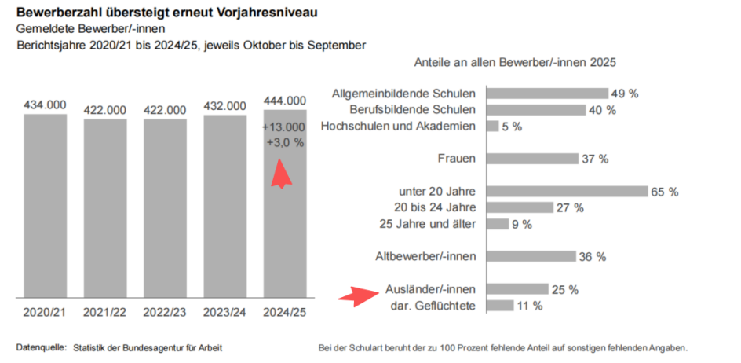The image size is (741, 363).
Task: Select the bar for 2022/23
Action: (x=165, y=208)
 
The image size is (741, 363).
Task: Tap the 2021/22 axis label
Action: (x=104, y=312)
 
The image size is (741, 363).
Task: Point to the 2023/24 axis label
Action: (x=224, y=312)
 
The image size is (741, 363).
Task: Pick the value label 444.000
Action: (x=285, y=101)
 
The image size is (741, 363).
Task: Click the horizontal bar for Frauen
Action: (x=532, y=159)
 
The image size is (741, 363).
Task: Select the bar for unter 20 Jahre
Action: (x=567, y=191)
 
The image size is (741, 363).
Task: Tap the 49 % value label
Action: (x=624, y=93)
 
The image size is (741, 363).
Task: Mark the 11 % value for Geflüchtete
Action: (x=530, y=306)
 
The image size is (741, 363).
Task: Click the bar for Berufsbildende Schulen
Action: (x=536, y=110)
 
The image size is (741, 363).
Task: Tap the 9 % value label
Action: (x=521, y=224)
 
